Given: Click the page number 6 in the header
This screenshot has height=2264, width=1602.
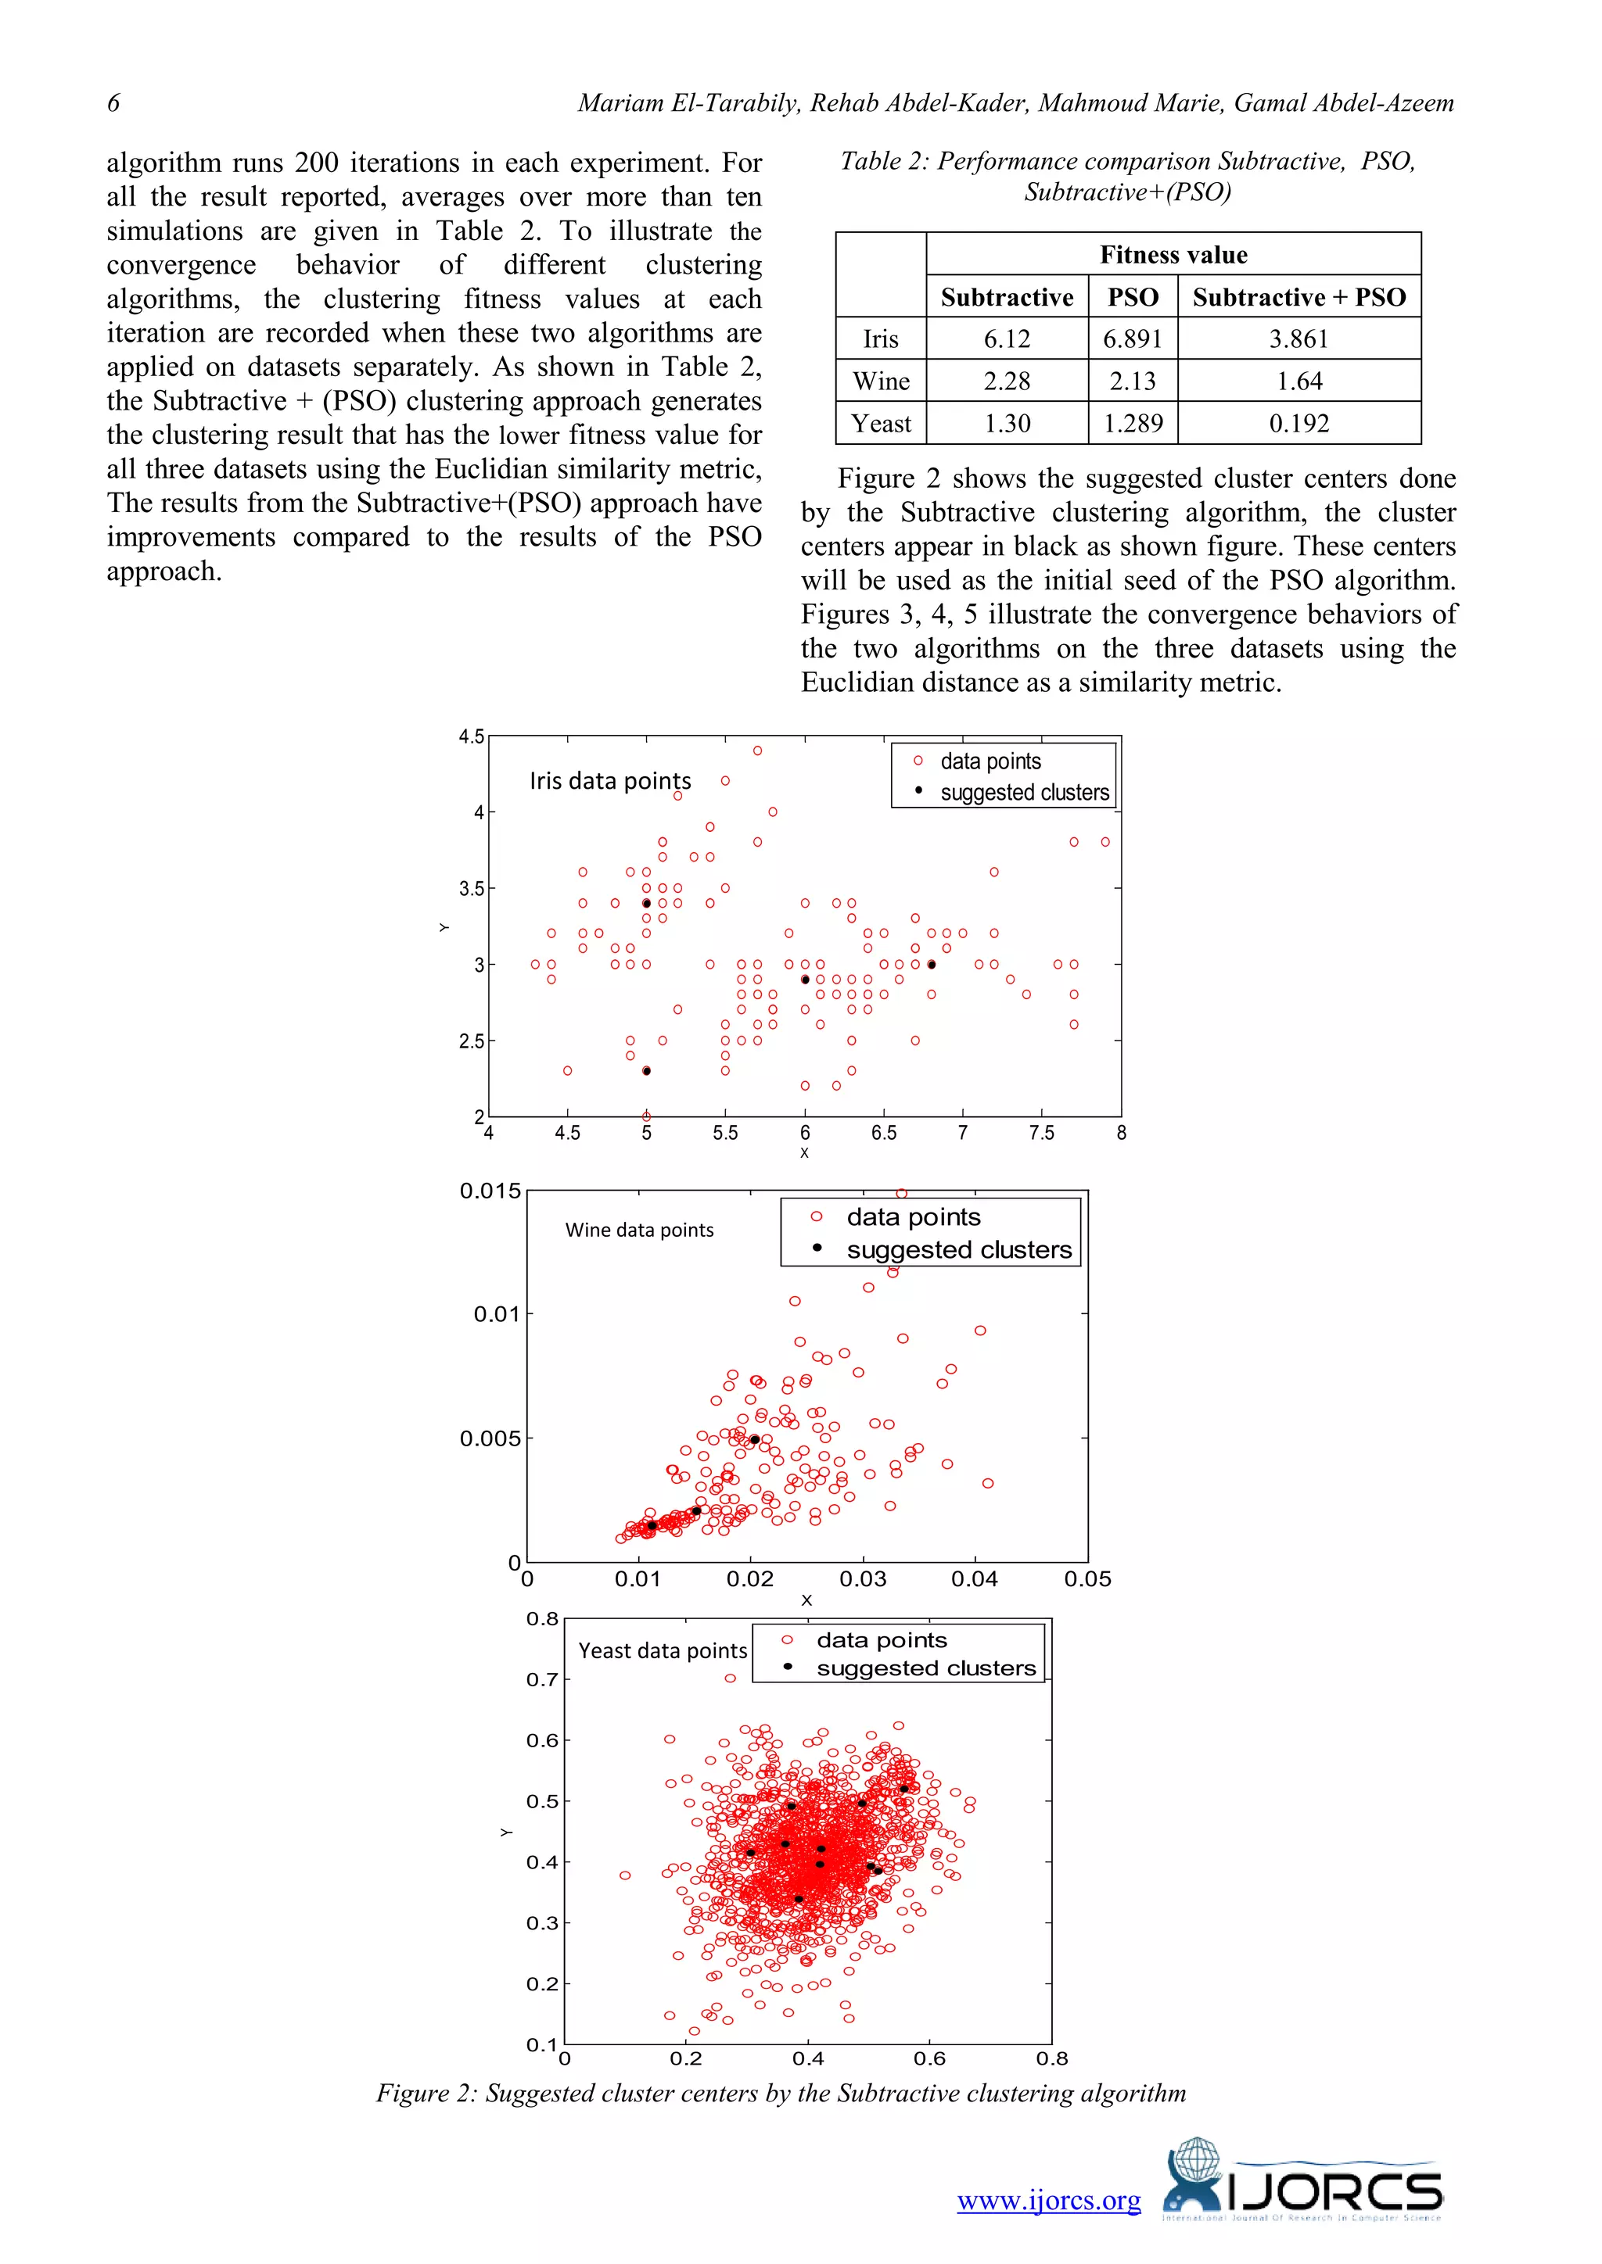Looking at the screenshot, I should (x=113, y=102).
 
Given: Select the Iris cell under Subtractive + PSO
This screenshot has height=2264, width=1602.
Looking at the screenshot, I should (x=1298, y=339).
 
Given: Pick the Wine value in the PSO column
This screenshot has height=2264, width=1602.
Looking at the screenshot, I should (x=1133, y=382).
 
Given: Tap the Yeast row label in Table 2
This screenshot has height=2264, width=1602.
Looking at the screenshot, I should (x=881, y=424).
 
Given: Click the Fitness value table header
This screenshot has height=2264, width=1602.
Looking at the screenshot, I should (x=1173, y=256).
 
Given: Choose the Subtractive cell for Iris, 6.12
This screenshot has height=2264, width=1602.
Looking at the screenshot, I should (x=1006, y=339).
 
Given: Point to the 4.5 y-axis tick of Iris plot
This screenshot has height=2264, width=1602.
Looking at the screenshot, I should (x=472, y=736).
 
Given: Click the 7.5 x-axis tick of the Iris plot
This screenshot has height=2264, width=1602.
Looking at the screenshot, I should (x=1042, y=1133).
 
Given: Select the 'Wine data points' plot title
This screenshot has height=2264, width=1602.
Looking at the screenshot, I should (x=639, y=1230).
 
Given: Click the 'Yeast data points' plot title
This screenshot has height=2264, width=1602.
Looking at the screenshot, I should (x=662, y=1650).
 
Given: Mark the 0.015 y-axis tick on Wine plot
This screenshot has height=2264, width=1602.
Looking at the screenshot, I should (x=490, y=1191).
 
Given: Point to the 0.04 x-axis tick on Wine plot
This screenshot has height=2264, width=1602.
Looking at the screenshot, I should (x=975, y=1578).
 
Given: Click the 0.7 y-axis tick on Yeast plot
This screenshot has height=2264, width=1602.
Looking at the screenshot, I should (x=541, y=1679).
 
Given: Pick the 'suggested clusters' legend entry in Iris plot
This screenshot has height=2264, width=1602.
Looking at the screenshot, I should (x=1024, y=793).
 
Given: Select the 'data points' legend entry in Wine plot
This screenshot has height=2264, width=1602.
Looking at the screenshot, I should (x=914, y=1216).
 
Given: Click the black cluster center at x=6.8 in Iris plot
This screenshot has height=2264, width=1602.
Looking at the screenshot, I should (x=931, y=965).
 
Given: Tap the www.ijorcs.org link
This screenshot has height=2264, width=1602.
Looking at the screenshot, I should (x=1049, y=2201).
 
